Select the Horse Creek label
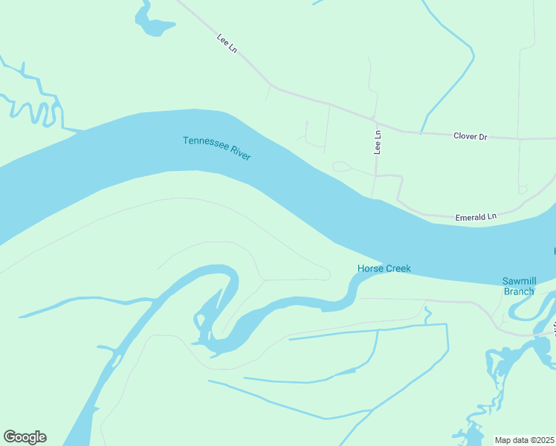384,268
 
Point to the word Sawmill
519,281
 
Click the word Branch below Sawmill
519,291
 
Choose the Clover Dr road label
471,136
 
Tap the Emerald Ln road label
476,216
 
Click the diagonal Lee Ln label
227,43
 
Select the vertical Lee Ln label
378,143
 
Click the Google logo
25,437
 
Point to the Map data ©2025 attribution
525,440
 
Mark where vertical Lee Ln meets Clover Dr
377,122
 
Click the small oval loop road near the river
341,167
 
